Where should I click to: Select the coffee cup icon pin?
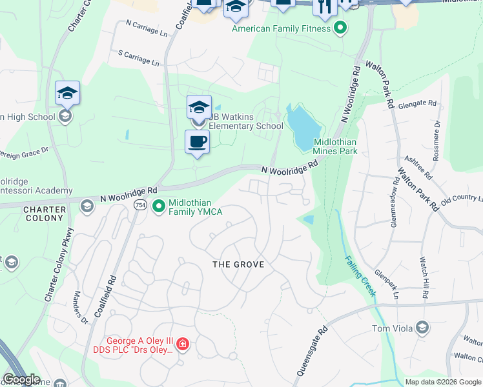pyautogui.click(x=197, y=141)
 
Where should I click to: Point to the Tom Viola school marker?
pyautogui.click(x=422, y=328)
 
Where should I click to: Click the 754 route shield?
pyautogui.click(x=139, y=204)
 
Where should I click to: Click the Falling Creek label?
pyautogui.click(x=359, y=276)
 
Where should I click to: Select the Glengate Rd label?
pyautogui.click(x=417, y=104)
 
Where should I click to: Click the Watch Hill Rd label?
pyautogui.click(x=425, y=277)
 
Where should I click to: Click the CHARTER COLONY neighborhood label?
pyautogui.click(x=45, y=213)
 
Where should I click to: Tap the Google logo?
pyautogui.click(x=21, y=379)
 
